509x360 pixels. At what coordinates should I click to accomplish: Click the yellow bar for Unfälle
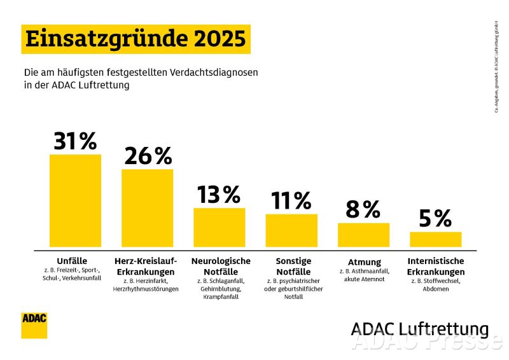(x=75, y=200)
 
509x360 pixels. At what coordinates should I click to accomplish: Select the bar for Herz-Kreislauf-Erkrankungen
(x=147, y=208)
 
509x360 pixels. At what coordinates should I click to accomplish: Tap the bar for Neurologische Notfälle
(x=219, y=227)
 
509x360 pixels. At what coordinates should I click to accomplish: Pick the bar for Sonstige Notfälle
(x=291, y=230)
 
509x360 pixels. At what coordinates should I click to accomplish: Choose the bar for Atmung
(x=363, y=235)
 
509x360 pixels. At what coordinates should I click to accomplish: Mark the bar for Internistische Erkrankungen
(x=435, y=239)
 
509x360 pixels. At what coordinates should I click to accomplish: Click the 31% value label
(x=75, y=141)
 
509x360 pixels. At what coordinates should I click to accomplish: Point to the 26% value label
(x=148, y=156)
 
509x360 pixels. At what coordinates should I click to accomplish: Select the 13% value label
(x=219, y=195)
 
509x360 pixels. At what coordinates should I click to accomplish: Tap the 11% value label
(x=291, y=201)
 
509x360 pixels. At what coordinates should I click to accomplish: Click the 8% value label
(x=363, y=209)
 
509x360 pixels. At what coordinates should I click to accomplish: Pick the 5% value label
(x=435, y=219)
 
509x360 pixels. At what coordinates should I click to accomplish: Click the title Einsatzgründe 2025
(x=136, y=39)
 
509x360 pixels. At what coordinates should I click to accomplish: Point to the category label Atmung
(x=365, y=262)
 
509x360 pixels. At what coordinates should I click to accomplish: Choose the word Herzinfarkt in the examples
(x=151, y=280)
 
